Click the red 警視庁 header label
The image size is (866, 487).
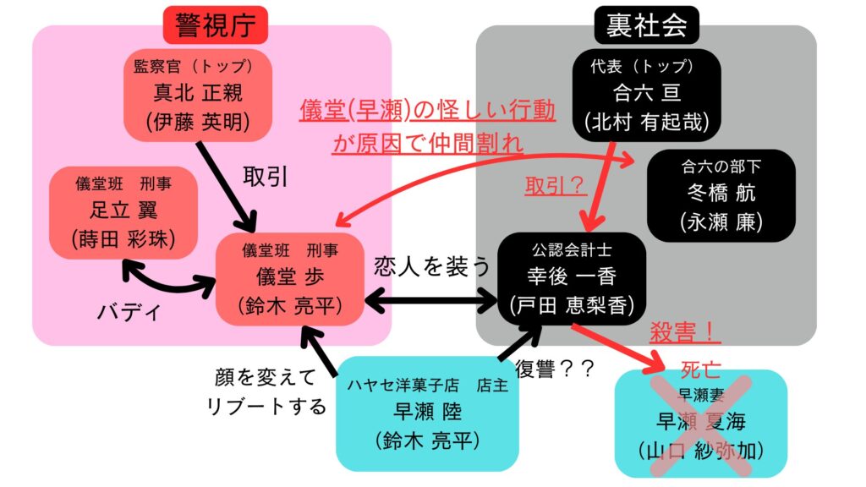pos(215,25)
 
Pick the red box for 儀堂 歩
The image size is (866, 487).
pos(290,278)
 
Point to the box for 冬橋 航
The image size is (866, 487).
pos(721,194)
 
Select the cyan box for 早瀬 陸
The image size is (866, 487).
pos(427,413)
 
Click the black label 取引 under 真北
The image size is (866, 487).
pos(266,176)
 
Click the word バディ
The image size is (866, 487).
pos(129,311)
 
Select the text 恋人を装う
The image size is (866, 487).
pos(432,267)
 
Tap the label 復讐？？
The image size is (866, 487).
pos(555,369)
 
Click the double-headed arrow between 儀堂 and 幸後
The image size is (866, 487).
pos(432,299)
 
